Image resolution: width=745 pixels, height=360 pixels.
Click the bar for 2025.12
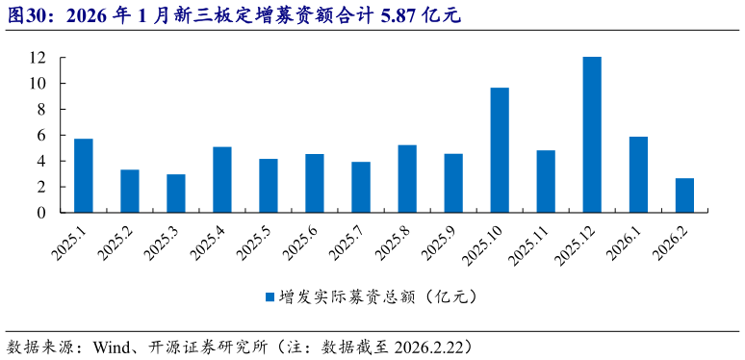(x=592, y=135)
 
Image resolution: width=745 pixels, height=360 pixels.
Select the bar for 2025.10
(x=500, y=150)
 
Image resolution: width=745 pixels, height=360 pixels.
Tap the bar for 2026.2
(x=684, y=195)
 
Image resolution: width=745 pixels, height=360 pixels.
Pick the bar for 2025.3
(x=176, y=193)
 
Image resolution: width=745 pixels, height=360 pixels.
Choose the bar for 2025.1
(x=84, y=176)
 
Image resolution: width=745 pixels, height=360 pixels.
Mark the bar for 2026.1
(x=638, y=174)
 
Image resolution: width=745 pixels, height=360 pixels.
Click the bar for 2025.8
(x=407, y=179)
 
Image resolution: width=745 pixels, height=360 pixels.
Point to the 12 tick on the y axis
(x=38, y=58)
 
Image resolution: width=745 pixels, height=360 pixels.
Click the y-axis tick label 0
(x=42, y=213)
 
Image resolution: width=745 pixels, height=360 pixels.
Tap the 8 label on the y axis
(x=42, y=110)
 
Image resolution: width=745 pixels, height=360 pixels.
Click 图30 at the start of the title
(x=26, y=13)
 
